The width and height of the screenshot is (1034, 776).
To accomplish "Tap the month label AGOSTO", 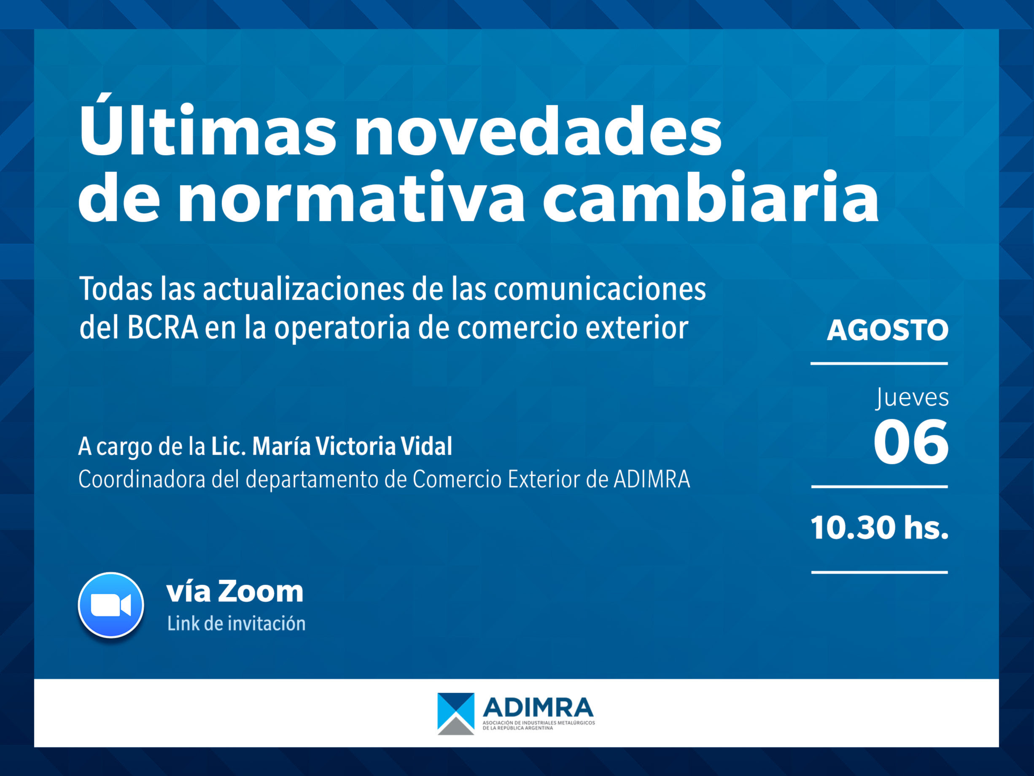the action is tap(888, 330).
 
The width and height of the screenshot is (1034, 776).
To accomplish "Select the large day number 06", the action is tap(911, 442).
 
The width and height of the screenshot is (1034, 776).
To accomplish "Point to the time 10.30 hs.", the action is tap(879, 527).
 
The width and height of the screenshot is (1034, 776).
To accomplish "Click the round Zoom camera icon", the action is tap(111, 605).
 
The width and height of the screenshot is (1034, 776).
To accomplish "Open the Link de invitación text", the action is tap(237, 624).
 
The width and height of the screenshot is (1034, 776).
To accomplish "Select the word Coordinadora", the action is tap(142, 479).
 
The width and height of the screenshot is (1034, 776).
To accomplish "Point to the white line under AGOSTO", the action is tap(879, 363).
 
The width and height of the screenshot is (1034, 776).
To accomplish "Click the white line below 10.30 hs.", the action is tap(879, 572).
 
